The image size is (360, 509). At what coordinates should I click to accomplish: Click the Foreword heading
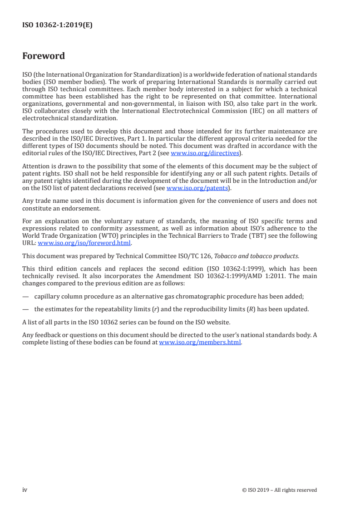(x=44, y=56)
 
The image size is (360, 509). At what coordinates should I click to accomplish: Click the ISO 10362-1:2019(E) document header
(x=58, y=25)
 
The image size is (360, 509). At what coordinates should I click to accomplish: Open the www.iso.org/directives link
(x=204, y=153)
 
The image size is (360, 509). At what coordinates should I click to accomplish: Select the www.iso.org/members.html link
(x=200, y=343)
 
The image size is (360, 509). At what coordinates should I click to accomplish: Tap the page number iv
(x=25, y=489)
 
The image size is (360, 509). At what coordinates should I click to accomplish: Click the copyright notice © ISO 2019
(x=280, y=490)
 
